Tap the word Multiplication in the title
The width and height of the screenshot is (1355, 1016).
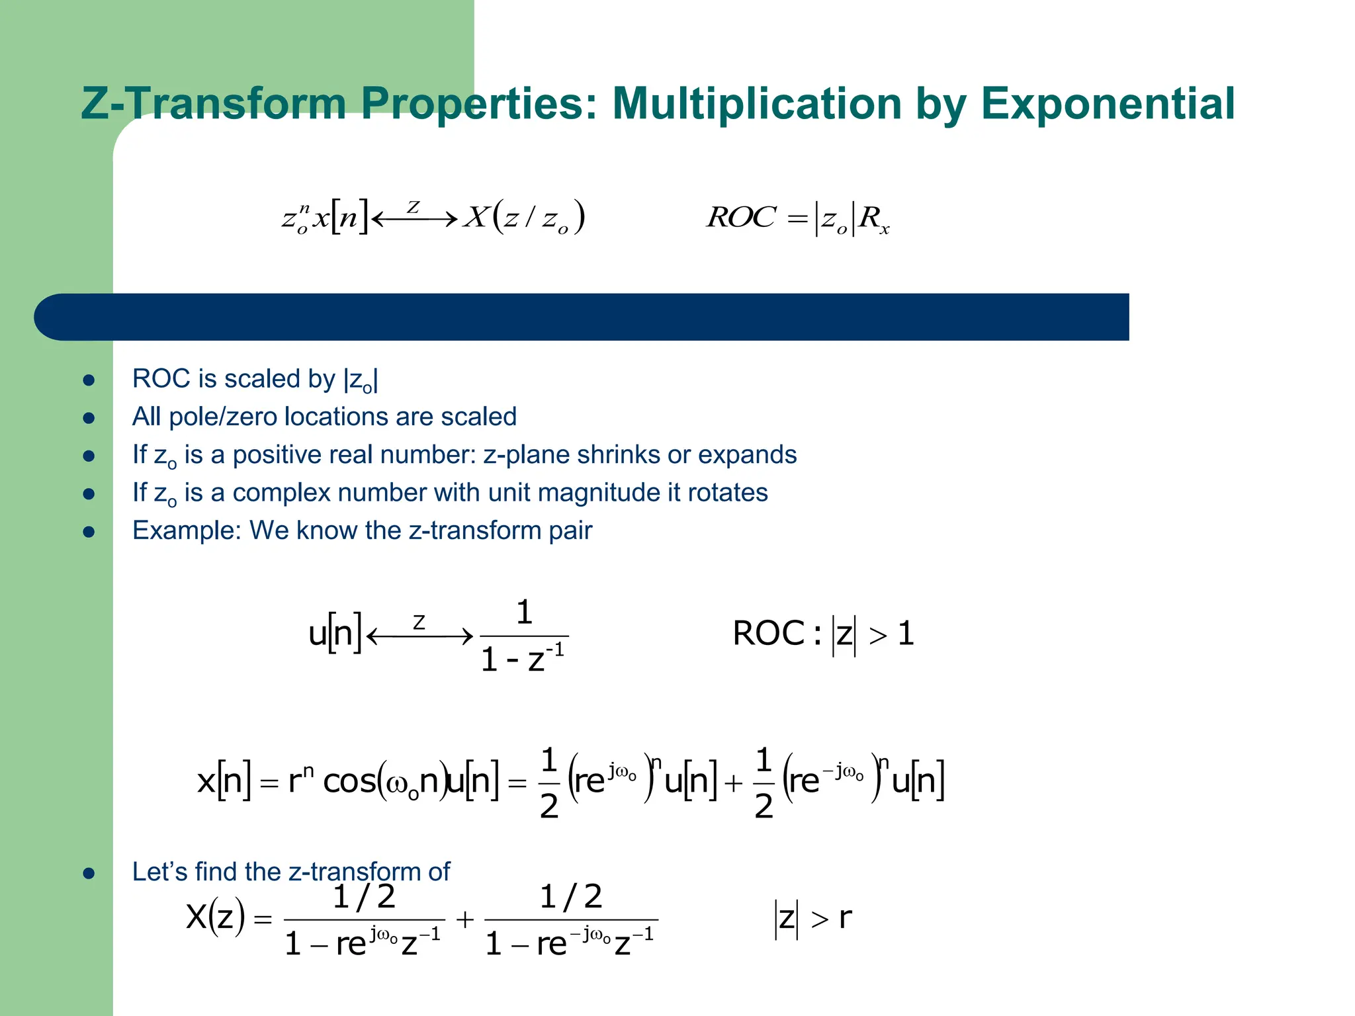click(x=757, y=104)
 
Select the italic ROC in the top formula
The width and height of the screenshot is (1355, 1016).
click(x=741, y=218)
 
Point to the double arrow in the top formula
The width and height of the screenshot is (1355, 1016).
click(x=415, y=218)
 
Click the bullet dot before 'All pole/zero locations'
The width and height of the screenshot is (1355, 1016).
click(x=89, y=418)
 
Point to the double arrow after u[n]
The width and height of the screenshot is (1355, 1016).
click(x=419, y=636)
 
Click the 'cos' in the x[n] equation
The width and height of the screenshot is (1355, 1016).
click(x=349, y=782)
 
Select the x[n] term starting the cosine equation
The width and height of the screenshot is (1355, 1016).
click(x=224, y=782)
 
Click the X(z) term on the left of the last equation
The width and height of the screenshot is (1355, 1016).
click(x=216, y=918)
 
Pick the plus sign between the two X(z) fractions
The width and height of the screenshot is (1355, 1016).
click(x=465, y=919)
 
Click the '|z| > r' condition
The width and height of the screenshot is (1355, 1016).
click(x=812, y=919)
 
